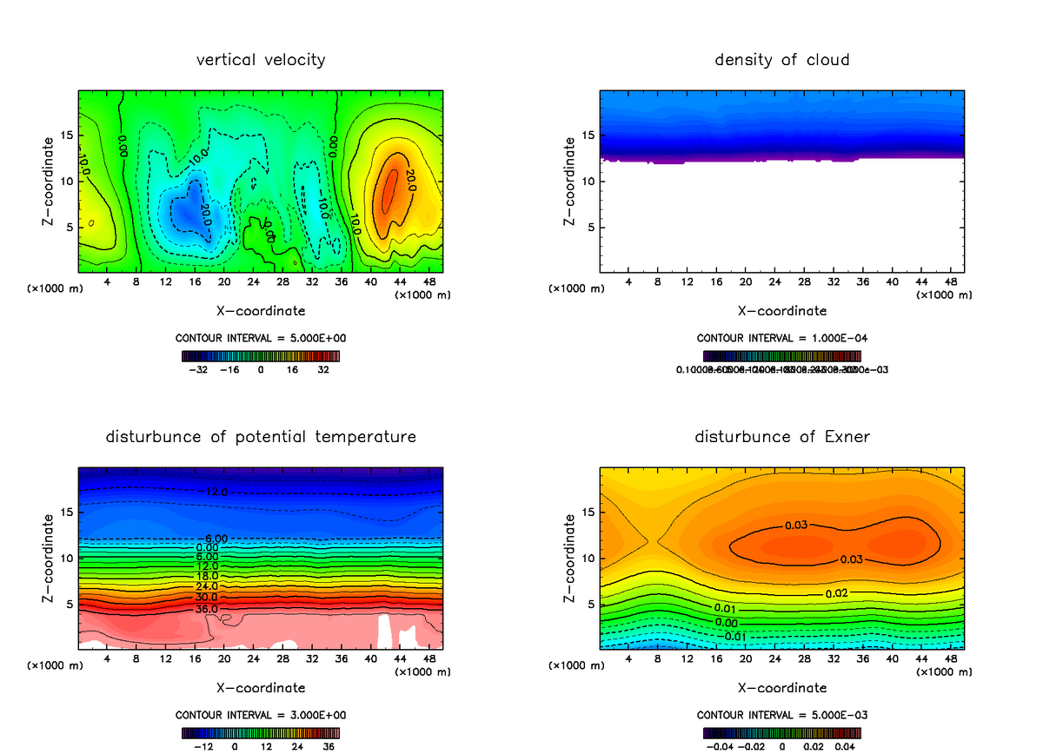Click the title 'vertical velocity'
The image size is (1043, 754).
261,60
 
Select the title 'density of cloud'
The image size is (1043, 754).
781,60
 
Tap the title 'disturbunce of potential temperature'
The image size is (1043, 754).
261,436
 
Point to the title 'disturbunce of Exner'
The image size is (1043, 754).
781,436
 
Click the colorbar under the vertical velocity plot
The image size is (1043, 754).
261,355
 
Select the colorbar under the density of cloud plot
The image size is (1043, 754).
781,355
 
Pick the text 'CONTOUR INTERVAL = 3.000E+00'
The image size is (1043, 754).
261,715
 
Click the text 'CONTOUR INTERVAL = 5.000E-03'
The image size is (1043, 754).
781,715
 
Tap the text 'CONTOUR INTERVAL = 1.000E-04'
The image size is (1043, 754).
781,338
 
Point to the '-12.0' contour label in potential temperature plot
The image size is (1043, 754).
215,493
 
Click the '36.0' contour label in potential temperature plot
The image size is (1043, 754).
205,609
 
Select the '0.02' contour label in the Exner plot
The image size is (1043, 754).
837,592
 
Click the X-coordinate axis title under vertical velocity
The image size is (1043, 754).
261,310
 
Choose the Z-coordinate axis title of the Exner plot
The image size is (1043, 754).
570,559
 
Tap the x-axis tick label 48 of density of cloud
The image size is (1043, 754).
951,282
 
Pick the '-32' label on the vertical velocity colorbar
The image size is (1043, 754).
199,369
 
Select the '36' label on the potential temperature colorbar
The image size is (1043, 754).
329,745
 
